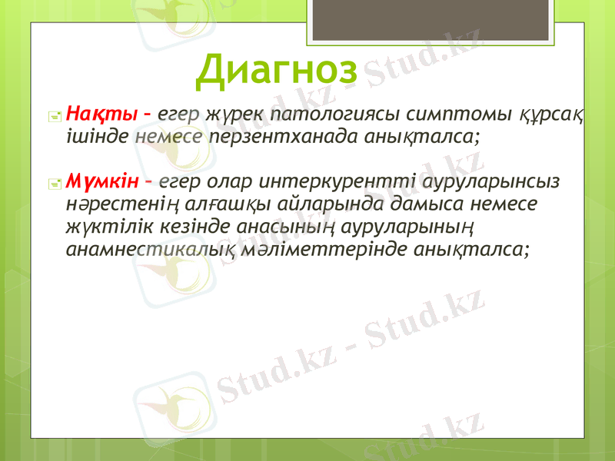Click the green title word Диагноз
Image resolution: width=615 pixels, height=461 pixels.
pyautogui.click(x=277, y=70)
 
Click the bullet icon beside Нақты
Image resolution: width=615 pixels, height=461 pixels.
pyautogui.click(x=55, y=117)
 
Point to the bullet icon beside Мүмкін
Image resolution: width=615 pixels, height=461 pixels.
pyautogui.click(x=55, y=184)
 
